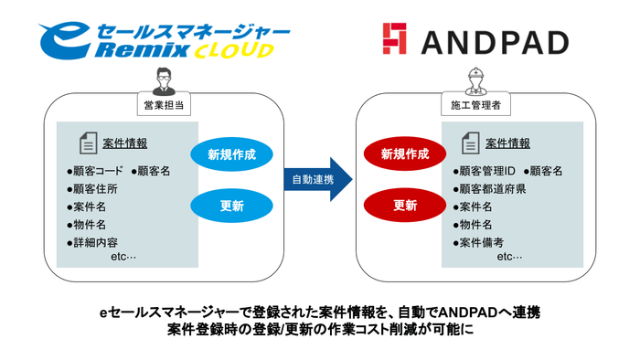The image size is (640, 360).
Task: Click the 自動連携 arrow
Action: [x=313, y=179]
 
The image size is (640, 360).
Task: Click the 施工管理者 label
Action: [x=475, y=106]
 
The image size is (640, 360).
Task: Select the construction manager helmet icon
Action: [x=475, y=79]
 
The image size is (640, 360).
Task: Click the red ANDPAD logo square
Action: [x=394, y=40]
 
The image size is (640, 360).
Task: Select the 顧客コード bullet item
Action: [x=95, y=171]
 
